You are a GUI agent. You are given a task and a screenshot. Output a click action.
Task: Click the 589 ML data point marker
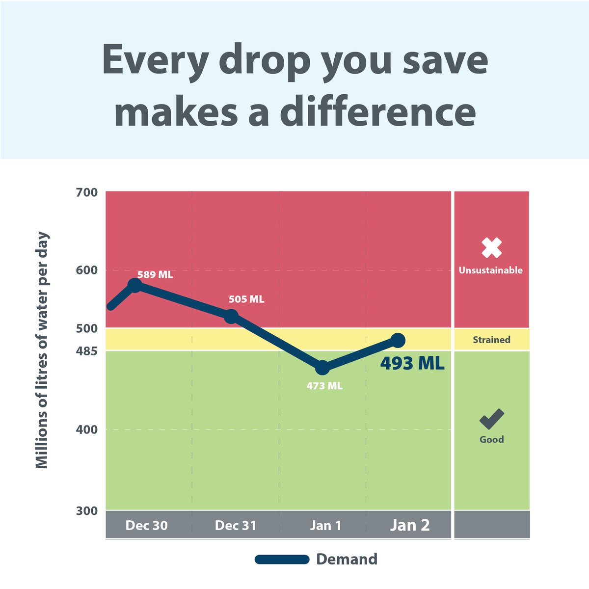click(134, 285)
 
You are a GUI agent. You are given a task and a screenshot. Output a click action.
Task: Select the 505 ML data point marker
click(231, 316)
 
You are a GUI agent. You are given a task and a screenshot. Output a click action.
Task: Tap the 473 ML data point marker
click(322, 367)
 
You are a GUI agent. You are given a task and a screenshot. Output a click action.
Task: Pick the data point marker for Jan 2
click(398, 340)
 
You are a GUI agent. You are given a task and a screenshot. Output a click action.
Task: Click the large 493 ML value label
click(412, 364)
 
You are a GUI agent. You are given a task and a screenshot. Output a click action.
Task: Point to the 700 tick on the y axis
click(87, 192)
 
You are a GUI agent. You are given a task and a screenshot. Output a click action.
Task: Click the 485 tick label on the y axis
click(87, 351)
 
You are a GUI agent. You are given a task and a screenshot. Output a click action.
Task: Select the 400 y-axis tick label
click(87, 429)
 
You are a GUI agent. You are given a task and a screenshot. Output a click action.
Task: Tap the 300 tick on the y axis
click(87, 511)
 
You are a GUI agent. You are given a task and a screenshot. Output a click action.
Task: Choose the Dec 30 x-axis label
click(146, 526)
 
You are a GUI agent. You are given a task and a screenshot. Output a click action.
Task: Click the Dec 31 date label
click(236, 526)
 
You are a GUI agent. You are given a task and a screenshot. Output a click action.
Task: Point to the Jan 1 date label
click(325, 526)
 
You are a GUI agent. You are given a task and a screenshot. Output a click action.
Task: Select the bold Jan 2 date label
click(410, 525)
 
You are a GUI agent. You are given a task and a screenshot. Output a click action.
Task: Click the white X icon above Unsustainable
click(491, 248)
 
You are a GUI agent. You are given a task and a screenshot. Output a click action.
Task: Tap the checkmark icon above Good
click(491, 419)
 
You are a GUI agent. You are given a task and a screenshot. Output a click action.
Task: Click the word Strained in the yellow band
click(491, 340)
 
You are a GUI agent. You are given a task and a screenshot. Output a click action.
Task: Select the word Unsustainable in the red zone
click(491, 270)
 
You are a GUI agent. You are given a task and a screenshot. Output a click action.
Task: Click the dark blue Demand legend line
click(282, 560)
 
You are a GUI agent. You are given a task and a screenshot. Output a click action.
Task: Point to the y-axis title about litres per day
click(42, 350)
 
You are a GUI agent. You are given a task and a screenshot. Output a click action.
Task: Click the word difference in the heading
click(378, 112)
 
